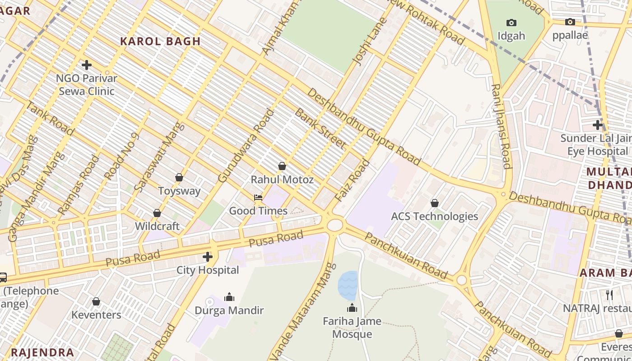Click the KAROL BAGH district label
point(160,41)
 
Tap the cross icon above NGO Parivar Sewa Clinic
point(86,65)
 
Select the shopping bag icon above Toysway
point(179,177)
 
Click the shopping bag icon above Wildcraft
point(157,213)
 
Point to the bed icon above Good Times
point(258,198)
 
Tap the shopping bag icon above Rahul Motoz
point(282,166)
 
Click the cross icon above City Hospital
point(208,257)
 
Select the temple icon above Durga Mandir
point(229,297)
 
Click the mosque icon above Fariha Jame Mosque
point(352,308)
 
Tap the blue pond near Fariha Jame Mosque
point(348,286)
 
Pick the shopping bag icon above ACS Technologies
point(435,203)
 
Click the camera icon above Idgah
point(511,23)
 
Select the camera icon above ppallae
point(570,22)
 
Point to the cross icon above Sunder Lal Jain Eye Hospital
point(598,125)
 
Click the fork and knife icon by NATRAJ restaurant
point(609,295)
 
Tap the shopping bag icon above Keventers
point(96,301)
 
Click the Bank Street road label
point(320,129)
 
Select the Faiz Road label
point(353,181)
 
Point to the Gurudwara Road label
point(246,146)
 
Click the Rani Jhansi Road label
point(501,126)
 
